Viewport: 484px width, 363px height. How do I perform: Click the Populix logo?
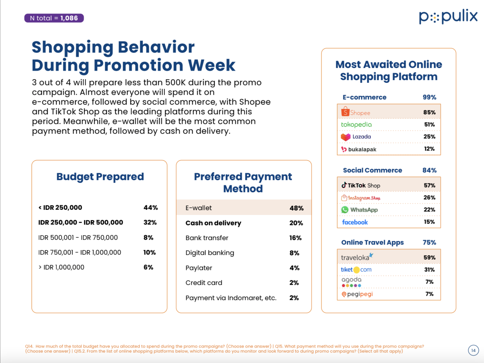coord(448,17)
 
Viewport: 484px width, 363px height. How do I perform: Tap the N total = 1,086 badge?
coord(54,18)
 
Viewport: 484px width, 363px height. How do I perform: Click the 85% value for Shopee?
coord(429,112)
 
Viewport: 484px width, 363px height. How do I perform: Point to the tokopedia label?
coord(356,124)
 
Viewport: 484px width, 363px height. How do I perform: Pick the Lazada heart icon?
coord(345,137)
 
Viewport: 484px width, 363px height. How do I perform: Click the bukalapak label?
coord(362,149)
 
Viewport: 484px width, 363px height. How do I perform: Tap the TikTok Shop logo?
coord(361,185)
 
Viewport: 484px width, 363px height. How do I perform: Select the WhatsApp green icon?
coord(345,210)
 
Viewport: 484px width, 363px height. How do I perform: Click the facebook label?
coord(355,222)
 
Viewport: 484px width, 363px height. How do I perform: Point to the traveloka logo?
coord(357,257)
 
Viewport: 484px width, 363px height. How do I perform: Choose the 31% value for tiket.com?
coord(429,270)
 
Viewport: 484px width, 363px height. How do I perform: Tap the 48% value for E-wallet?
coord(296,208)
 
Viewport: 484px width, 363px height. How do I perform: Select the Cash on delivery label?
coord(213,223)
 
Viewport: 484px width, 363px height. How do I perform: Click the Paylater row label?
coord(199,268)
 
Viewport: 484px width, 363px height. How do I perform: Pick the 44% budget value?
coord(150,208)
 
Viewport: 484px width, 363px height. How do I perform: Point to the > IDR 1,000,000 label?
coord(61,267)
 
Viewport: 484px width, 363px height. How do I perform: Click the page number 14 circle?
coord(473,350)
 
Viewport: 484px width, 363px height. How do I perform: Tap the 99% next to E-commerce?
coord(429,97)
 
